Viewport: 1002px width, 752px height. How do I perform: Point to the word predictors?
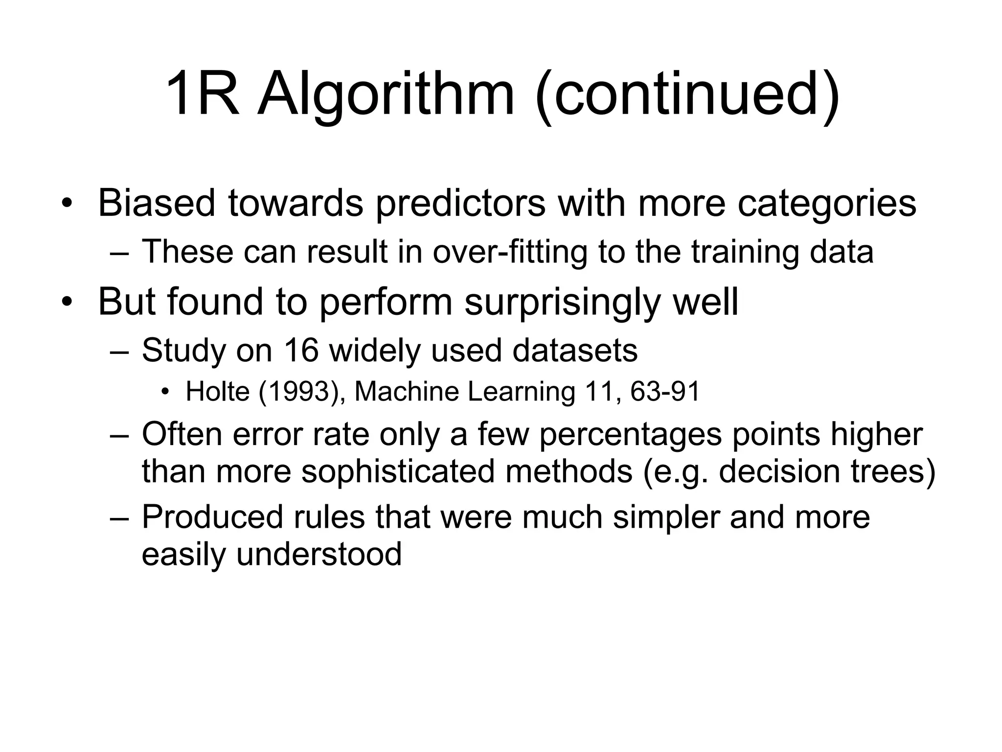point(460,203)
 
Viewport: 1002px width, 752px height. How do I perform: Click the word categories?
point(826,203)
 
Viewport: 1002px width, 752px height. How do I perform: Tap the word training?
point(745,252)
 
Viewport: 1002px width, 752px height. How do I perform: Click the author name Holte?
point(218,392)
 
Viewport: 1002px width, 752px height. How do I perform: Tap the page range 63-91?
point(665,392)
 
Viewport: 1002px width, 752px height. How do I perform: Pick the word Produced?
point(212,517)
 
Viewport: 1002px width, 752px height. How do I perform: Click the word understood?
point(319,554)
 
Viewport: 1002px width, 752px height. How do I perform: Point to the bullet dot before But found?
point(67,302)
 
